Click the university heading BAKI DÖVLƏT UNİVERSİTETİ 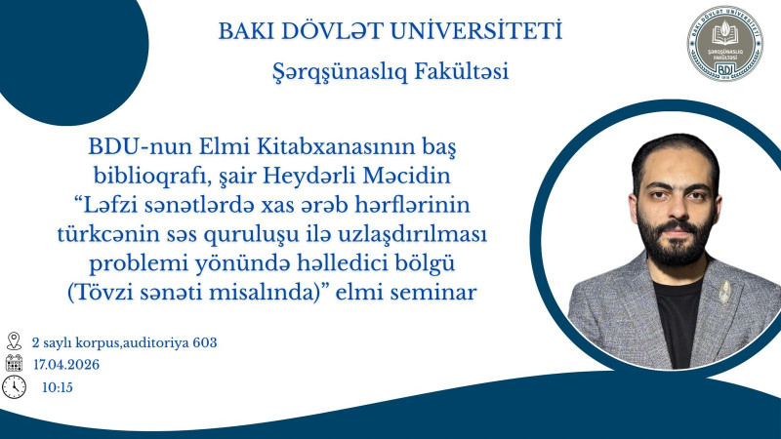(390, 32)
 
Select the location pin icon (14, 341)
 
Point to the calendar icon (14, 364)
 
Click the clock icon (14, 386)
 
